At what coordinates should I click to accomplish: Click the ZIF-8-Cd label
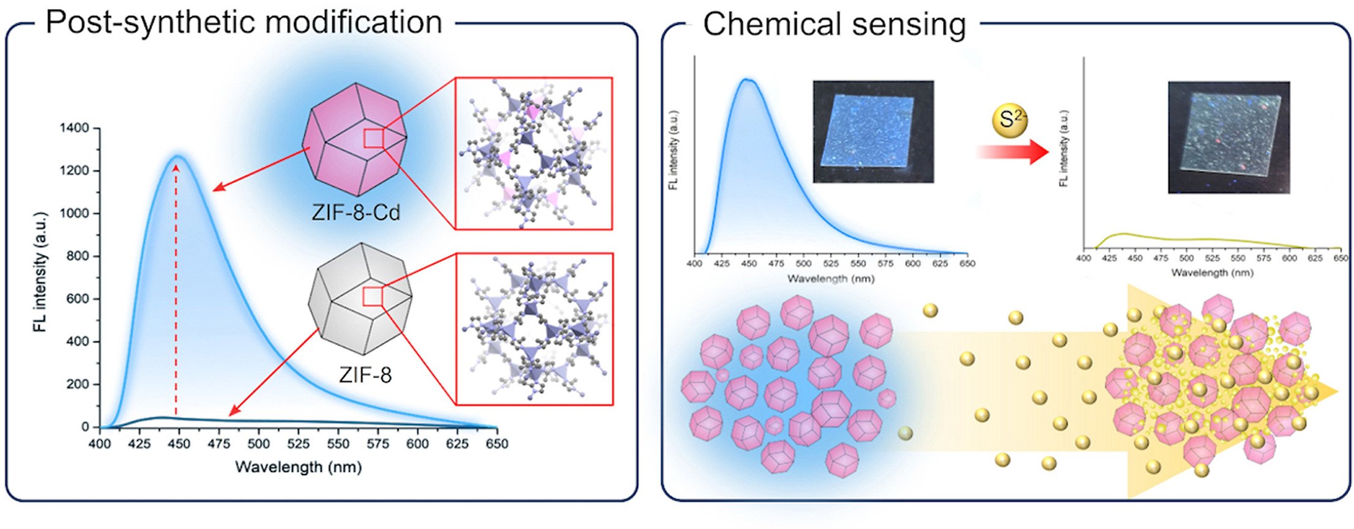[355, 212]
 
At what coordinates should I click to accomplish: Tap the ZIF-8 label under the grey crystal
[365, 374]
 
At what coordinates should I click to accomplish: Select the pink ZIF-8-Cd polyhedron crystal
[355, 140]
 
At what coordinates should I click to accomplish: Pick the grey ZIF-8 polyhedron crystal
[361, 298]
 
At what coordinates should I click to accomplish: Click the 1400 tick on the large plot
[74, 128]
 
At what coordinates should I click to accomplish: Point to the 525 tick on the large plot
[299, 444]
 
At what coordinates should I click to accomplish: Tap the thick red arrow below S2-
[1013, 152]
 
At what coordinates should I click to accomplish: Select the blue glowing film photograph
[873, 131]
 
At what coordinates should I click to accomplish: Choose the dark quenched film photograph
[1229, 138]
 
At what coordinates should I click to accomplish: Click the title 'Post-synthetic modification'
[244, 23]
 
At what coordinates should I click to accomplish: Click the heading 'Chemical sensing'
[834, 24]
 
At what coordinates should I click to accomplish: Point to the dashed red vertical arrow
[176, 290]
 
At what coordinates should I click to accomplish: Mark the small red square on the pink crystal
[373, 138]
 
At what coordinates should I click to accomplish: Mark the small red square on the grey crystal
[372, 297]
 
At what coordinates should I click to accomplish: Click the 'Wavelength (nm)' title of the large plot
[299, 467]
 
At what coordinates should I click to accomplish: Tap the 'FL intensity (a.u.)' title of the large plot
[40, 272]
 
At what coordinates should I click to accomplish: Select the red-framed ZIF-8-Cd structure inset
[534, 153]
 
